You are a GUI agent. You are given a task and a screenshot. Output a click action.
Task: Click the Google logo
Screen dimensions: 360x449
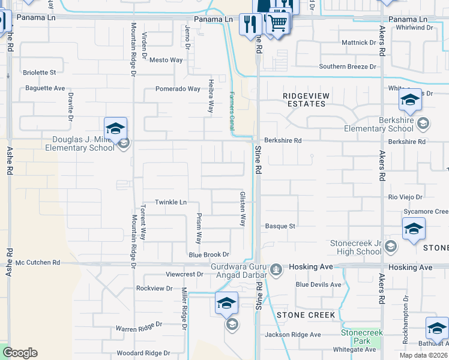pyautogui.click(x=20, y=353)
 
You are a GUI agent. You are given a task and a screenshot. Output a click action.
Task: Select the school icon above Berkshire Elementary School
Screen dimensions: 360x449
pyautogui.click(x=410, y=100)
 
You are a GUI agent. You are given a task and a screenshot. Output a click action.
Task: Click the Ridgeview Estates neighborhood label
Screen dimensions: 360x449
pyautogui.click(x=304, y=100)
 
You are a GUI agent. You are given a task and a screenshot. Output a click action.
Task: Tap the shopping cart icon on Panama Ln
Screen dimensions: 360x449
pyautogui.click(x=277, y=23)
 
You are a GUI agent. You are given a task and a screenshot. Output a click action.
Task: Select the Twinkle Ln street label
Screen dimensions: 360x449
pyautogui.click(x=171, y=202)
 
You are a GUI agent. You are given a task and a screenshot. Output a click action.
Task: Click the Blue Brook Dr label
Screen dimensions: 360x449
pyautogui.click(x=209, y=255)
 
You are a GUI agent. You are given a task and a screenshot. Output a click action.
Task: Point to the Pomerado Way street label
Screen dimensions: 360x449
pyautogui.click(x=178, y=89)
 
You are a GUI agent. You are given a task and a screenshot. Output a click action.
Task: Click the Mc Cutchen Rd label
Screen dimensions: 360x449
pyautogui.click(x=38, y=263)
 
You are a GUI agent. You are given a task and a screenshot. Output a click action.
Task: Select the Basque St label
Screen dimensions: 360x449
pyautogui.click(x=280, y=226)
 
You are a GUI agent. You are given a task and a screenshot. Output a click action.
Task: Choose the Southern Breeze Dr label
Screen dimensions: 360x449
pyautogui.click(x=348, y=67)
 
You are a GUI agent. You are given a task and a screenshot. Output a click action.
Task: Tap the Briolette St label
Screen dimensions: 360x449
pyautogui.click(x=39, y=72)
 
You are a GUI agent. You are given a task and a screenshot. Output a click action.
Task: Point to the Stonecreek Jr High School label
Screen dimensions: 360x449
pyautogui.click(x=356, y=247)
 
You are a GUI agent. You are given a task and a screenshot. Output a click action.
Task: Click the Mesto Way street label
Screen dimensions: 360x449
pyautogui.click(x=166, y=60)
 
